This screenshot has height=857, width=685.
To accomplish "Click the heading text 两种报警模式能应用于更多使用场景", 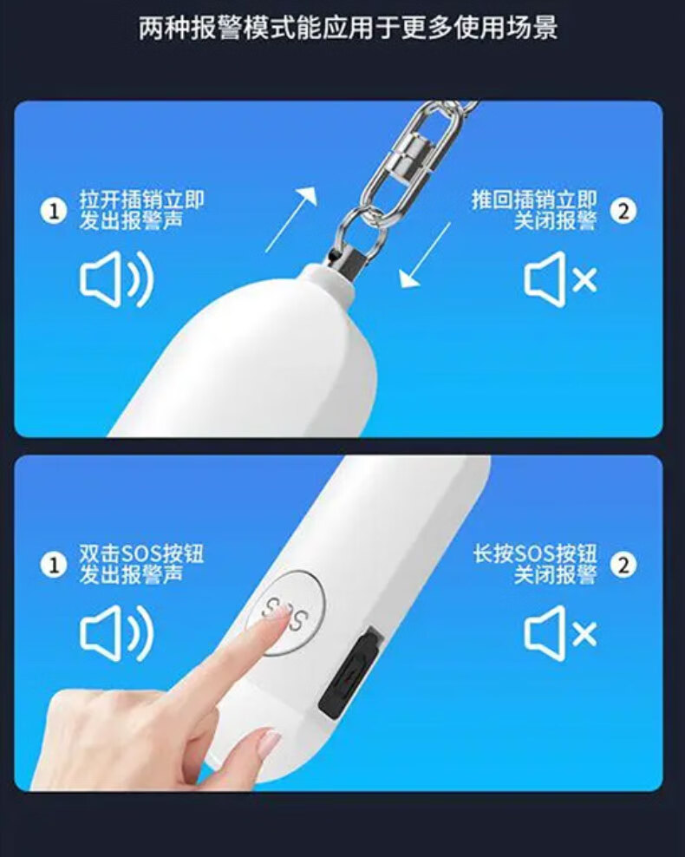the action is coord(348,28).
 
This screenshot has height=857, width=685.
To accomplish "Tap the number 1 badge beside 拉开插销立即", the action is coord(54,211).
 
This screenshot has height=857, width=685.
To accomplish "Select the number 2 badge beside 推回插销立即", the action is coord(623,211).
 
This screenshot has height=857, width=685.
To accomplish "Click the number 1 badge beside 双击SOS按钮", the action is coord(54,566).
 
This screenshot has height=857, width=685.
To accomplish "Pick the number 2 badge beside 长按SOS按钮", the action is coord(623,566).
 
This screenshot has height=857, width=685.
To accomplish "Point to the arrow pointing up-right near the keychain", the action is coord(291,219).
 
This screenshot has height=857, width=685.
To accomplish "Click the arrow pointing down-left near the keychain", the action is coord(425,255).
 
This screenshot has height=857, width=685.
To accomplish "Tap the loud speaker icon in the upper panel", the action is coord(117,279).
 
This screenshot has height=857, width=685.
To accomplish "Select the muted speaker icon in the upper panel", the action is coord(560,279).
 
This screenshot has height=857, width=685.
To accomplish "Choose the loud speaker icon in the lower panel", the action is coord(117,633).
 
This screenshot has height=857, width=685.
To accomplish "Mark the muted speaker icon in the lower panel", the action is coord(560,633).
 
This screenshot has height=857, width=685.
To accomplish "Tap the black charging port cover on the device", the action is coord(350,673).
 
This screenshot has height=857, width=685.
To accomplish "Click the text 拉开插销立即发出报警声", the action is coord(141,211).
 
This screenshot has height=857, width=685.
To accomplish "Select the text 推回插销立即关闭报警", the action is coord(534,211).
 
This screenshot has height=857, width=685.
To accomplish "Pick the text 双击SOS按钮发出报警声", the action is coord(141,565).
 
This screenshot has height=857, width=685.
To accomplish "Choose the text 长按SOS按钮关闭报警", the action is coord(535,565).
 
